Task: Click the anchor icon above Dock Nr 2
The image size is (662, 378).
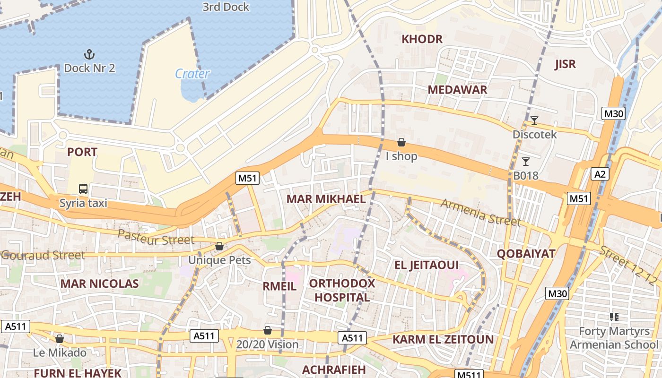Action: tap(89, 54)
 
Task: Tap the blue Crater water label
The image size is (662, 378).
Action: tap(192, 74)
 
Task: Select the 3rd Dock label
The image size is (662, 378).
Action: tap(226, 7)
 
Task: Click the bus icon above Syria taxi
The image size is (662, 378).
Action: tap(83, 189)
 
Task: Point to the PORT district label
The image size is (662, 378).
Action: tap(82, 152)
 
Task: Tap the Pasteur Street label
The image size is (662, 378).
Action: tap(156, 237)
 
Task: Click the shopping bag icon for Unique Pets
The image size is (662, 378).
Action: tap(219, 246)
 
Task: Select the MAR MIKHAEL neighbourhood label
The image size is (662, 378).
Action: tap(326, 199)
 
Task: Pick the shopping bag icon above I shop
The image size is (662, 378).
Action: tap(401, 142)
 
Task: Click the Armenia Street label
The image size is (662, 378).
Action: tap(480, 212)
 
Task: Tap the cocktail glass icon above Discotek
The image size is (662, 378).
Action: tap(534, 120)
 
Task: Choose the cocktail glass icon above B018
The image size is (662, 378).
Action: tap(525, 162)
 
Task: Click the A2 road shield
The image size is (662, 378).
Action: tap(600, 174)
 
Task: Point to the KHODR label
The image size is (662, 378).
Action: tap(422, 39)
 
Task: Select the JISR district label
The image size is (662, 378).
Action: tap(566, 64)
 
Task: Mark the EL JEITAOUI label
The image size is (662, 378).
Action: tap(427, 265)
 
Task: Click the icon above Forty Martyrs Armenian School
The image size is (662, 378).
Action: tap(614, 317)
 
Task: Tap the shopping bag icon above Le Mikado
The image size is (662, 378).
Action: tap(60, 339)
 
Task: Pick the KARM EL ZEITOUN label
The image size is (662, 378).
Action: tap(443, 339)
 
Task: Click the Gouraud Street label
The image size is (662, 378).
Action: tap(43, 256)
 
